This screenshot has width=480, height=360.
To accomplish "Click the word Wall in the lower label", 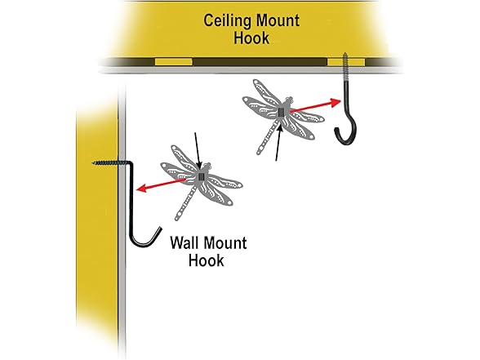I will coord(189,242).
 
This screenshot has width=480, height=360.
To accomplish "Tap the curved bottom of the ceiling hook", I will coord(346,136).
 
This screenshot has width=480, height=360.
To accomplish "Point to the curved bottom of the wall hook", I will coord(144,242).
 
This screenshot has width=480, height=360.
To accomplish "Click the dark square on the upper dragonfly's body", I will coord(282,112).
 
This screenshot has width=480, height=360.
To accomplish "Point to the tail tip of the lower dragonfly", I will coord(177,219).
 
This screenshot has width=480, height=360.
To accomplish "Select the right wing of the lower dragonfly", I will coord(225,180).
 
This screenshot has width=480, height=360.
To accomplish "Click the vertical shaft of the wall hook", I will coord(130,204).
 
